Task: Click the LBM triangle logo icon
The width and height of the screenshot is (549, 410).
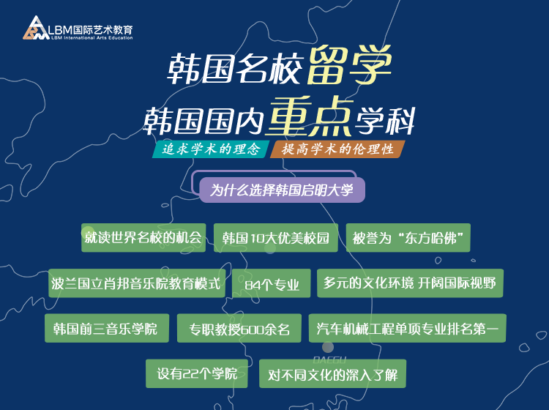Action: click(x=36, y=28)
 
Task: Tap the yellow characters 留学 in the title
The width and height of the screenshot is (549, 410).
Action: click(x=349, y=65)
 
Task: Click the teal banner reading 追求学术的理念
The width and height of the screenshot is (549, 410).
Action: click(x=211, y=149)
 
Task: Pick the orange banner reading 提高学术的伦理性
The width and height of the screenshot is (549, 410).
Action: click(x=338, y=149)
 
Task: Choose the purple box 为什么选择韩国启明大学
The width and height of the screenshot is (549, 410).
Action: click(x=282, y=190)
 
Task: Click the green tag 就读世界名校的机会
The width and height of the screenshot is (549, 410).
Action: click(x=143, y=238)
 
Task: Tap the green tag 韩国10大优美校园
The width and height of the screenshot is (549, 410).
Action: click(x=276, y=238)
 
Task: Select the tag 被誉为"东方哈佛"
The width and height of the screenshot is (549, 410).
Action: click(x=408, y=238)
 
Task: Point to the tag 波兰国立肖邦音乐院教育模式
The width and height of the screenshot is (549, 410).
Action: click(x=137, y=283)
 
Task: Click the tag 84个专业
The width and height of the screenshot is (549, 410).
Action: click(x=272, y=283)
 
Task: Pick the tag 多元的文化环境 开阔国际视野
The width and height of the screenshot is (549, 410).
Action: click(x=410, y=283)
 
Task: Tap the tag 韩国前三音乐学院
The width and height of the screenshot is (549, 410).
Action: click(x=107, y=329)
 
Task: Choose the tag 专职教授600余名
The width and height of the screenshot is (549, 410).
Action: click(x=239, y=329)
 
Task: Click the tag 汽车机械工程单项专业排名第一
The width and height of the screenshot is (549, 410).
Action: click(x=407, y=329)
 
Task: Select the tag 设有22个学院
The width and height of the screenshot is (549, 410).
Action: click(x=197, y=373)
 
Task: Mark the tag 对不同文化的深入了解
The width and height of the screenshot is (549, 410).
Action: click(x=332, y=373)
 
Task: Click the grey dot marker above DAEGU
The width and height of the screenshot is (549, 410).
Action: click(x=328, y=347)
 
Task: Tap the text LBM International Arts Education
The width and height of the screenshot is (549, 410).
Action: click(x=92, y=38)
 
